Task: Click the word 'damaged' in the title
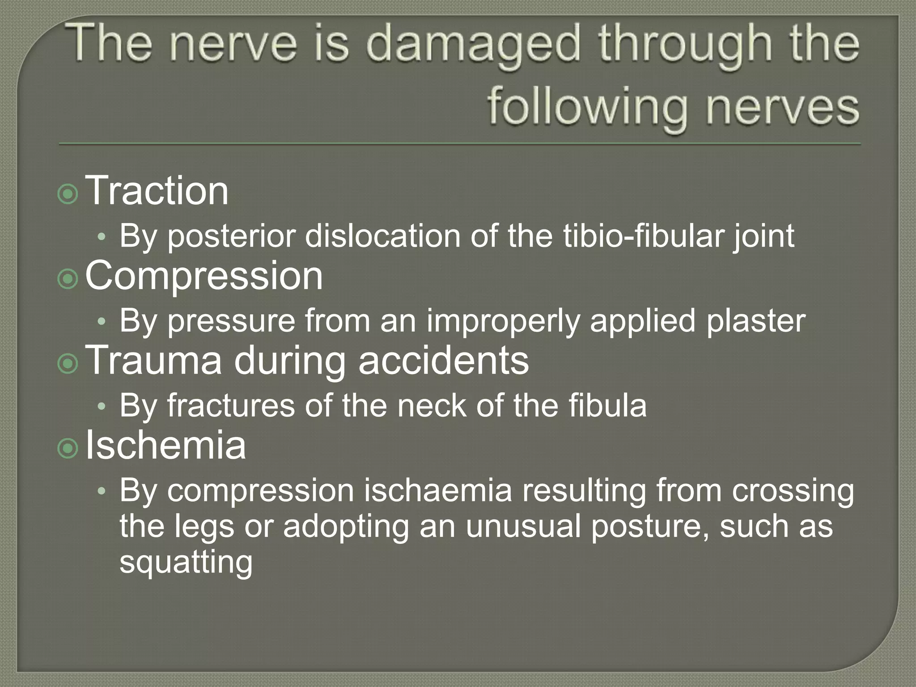(x=474, y=44)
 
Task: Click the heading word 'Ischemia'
(x=165, y=445)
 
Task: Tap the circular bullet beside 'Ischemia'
(x=68, y=449)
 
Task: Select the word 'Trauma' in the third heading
(x=153, y=360)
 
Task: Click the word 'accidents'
(x=443, y=360)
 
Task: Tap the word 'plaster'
(x=755, y=321)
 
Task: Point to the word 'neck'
(x=432, y=406)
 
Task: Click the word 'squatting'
(x=186, y=563)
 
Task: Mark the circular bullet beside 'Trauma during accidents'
(x=68, y=364)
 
